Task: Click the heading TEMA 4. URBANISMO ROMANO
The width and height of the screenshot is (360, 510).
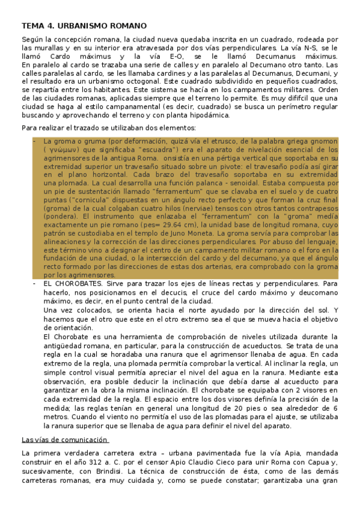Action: pos(84,26)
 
